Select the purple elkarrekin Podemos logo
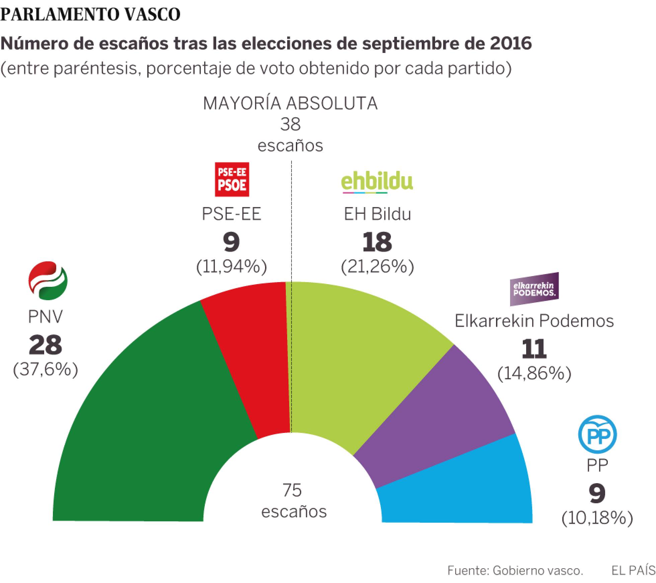[534, 289]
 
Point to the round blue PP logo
[597, 435]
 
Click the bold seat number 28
[46, 345]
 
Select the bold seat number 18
[377, 242]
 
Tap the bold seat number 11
[534, 349]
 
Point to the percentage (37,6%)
[46, 370]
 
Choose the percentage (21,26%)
[377, 267]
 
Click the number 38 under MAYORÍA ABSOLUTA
[290, 124]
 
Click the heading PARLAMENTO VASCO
[90, 14]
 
